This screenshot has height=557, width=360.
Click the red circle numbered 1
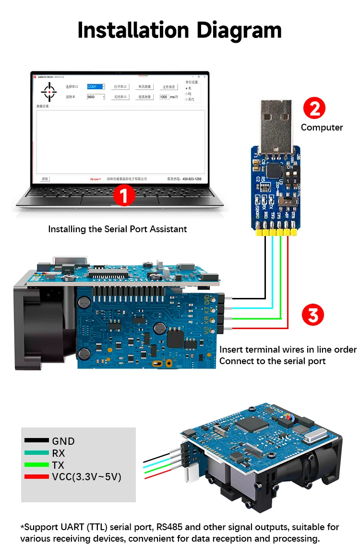point(125,196)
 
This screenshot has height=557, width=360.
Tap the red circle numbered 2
point(314,109)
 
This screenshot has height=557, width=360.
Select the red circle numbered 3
point(313,316)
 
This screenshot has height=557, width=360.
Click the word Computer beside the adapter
point(322,128)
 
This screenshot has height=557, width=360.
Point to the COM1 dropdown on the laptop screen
point(96,87)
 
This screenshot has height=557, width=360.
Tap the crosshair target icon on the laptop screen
point(48,91)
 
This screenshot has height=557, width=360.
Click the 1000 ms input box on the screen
point(164,97)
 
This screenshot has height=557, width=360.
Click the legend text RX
point(58,453)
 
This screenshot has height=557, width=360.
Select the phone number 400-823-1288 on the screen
point(192,179)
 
